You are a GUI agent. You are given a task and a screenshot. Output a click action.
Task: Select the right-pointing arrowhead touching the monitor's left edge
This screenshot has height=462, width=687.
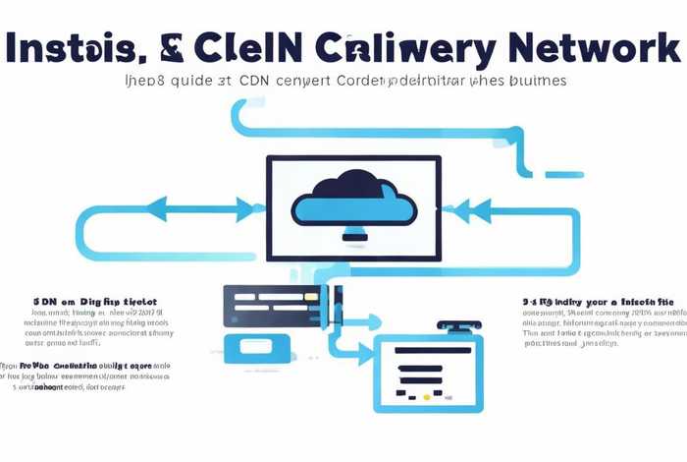tap(257, 207)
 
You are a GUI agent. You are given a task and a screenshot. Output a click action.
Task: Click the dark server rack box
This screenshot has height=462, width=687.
tap(282, 306)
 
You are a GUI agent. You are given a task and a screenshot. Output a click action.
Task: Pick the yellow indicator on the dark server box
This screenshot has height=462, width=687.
tap(310, 295)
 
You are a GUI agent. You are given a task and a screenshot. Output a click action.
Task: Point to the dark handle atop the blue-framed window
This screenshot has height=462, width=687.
tap(458, 324)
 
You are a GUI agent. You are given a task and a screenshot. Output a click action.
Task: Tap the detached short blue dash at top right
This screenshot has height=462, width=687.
tap(564, 175)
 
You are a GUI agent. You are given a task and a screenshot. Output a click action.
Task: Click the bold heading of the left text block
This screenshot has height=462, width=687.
tap(95, 302)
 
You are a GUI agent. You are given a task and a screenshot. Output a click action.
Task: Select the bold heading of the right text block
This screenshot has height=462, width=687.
tap(599, 301)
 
